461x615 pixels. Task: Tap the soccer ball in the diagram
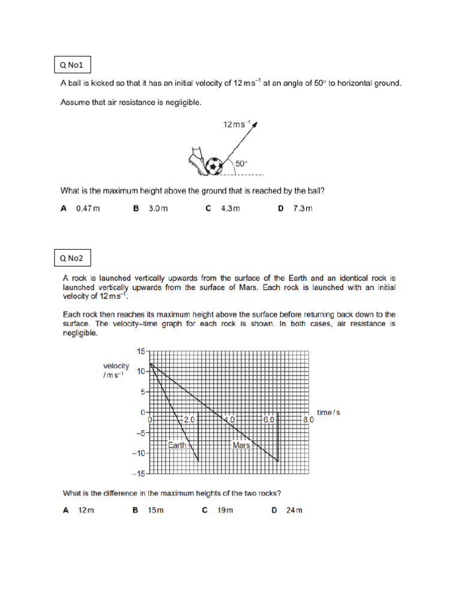pos(214,166)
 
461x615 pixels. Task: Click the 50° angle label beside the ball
pos(241,163)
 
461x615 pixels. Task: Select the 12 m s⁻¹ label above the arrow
pos(236,124)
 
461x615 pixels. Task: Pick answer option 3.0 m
pos(158,208)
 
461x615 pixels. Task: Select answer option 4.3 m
pos(230,208)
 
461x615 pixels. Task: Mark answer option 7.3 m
pos(303,208)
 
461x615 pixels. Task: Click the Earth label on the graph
pos(177,445)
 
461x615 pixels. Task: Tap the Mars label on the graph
pos(241,445)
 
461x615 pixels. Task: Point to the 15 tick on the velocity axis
pos(141,351)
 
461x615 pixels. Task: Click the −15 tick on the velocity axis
pos(139,474)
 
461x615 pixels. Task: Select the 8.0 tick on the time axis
pos(307,420)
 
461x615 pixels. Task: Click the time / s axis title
pos(333,413)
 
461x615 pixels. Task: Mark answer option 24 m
pos(294,510)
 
